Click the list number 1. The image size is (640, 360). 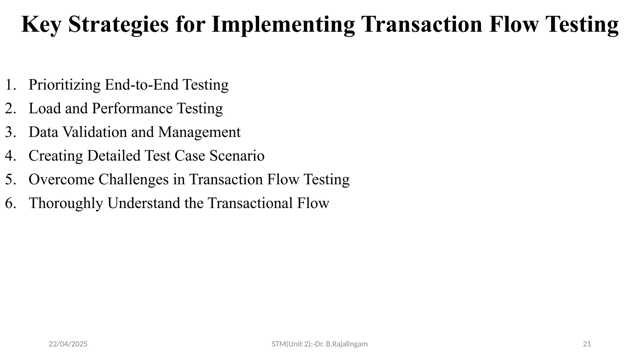coord(10,85)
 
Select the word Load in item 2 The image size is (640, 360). coord(45,109)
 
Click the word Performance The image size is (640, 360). coord(132,109)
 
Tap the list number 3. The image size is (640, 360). coord(10,132)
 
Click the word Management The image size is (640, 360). coord(199,132)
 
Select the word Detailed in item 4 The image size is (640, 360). coord(114,156)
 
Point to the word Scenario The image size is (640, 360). coord(237,156)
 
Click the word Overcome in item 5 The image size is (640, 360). coord(62,180)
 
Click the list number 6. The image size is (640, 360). coord(10,203)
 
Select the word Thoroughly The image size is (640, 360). coord(66,203)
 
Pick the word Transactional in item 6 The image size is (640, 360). coord(250,203)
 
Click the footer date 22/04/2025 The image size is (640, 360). coord(68,344)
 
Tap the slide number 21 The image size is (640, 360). coord(587,344)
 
